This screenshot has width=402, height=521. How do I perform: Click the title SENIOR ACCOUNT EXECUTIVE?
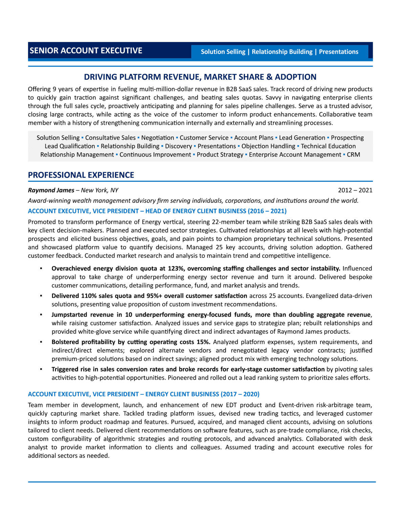(x=86, y=51)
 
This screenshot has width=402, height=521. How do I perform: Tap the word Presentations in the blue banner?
(x=338, y=52)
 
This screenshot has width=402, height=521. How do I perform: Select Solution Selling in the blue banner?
(x=223, y=52)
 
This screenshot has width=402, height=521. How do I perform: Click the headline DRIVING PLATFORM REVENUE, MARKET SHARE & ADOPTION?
(x=200, y=77)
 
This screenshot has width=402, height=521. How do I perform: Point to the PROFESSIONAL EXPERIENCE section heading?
(x=81, y=175)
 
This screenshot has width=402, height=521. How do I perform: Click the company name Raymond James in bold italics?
(x=51, y=190)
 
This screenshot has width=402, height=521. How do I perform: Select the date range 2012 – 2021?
(x=355, y=190)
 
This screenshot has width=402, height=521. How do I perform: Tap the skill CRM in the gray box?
(x=353, y=155)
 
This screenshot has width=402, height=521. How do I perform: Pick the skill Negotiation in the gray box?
(x=157, y=138)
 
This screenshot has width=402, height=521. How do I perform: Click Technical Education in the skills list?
(x=328, y=146)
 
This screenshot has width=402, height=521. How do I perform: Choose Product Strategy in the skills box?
(x=220, y=155)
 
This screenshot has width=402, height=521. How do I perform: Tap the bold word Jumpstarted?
(x=69, y=315)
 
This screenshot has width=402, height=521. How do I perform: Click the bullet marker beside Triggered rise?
(x=41, y=369)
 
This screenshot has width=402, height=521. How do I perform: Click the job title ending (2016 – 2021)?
(x=157, y=211)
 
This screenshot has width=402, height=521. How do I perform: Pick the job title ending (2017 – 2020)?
(x=144, y=394)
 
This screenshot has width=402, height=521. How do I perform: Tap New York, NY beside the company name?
(x=100, y=190)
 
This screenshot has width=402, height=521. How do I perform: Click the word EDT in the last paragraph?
(x=231, y=405)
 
